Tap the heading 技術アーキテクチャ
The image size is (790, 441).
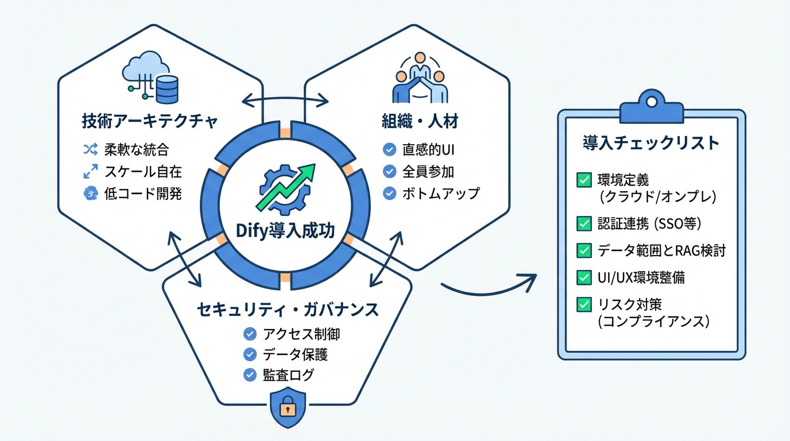coord(150,122)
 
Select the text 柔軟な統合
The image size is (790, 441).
coord(137,150)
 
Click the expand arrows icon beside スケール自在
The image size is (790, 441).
coord(90,172)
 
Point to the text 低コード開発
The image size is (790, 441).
coord(142,194)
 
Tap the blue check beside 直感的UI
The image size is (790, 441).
coord(389,150)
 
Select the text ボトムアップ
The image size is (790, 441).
coord(440,193)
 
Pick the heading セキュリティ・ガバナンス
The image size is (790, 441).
coord(288,310)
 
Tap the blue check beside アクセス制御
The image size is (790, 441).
coord(250,334)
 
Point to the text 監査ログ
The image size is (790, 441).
coord(289,375)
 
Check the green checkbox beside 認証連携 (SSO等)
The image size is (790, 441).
coord(583,223)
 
